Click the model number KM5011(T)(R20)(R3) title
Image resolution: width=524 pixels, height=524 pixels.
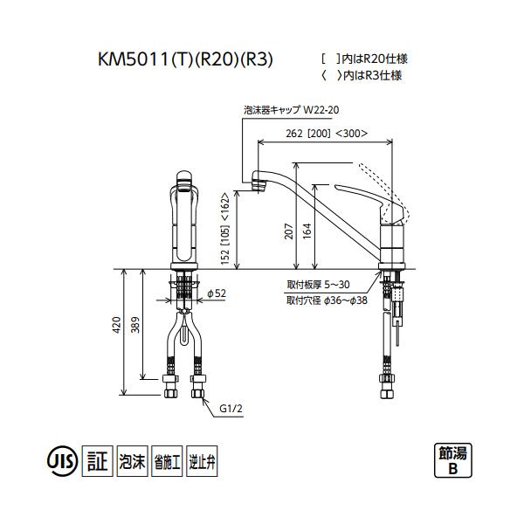coord(186,61)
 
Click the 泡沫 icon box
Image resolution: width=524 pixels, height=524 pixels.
coord(132,460)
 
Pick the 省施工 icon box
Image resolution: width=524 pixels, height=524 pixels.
coord(168,460)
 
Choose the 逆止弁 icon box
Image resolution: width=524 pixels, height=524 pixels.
coord(202,460)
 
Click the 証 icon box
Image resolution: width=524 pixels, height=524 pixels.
coord(98,460)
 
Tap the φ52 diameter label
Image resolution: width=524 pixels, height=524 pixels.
coord(217,293)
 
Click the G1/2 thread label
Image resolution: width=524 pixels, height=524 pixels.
coord(231,407)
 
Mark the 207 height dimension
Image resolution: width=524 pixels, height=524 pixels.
coord(288,231)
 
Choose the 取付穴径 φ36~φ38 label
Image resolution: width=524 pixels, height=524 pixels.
coord(326,300)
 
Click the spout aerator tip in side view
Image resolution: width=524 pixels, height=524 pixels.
coord(259,183)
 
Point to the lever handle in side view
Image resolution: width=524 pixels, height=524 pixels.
coord(367,196)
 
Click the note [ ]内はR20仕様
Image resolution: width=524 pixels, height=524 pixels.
coord(365,59)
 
